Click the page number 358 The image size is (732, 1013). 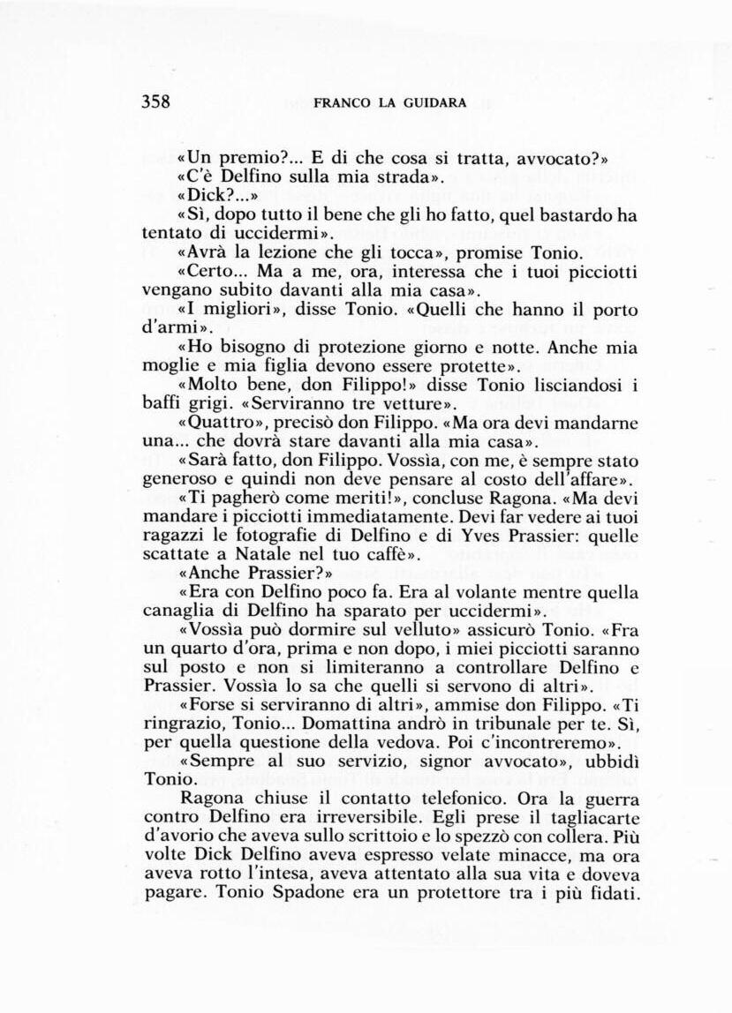(155, 101)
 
